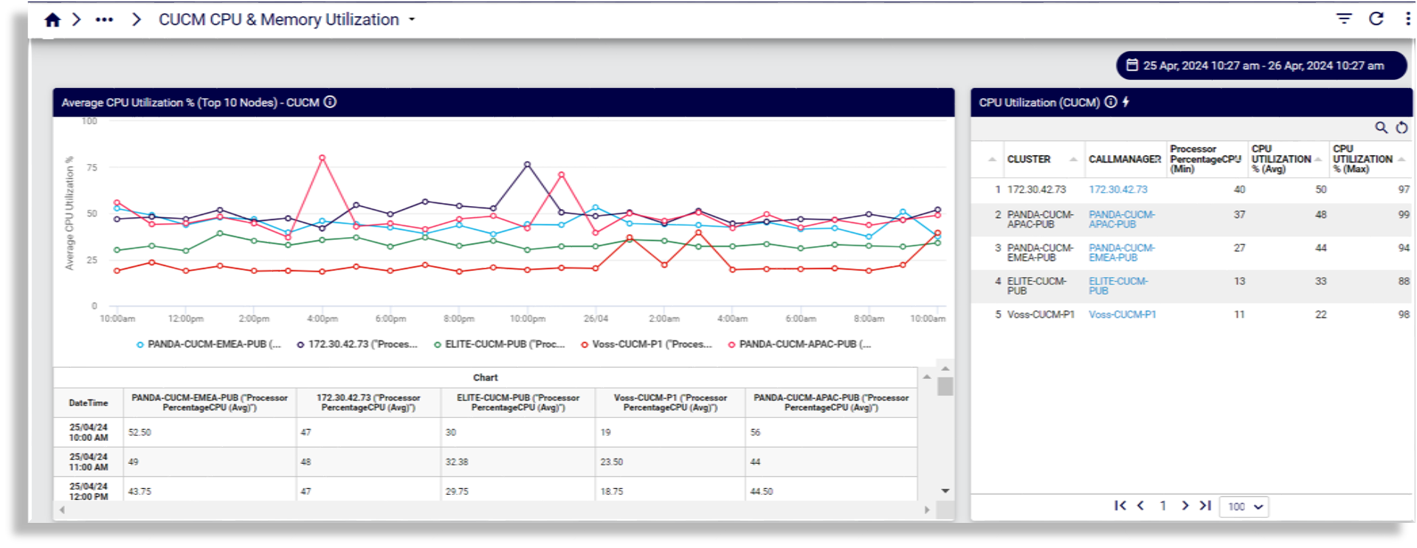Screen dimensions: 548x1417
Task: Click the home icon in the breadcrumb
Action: (52, 20)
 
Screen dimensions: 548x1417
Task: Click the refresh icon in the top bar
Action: (1376, 19)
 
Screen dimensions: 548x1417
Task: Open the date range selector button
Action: (1261, 66)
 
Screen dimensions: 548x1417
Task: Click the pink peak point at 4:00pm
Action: (322, 158)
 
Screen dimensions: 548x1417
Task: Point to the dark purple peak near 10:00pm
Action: (527, 165)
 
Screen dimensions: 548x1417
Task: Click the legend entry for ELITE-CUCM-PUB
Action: (500, 344)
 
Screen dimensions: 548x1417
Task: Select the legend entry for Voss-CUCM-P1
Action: (647, 344)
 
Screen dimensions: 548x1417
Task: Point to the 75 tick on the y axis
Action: (92, 168)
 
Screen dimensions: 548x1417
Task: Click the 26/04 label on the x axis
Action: (596, 319)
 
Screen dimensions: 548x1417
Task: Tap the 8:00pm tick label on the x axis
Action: (458, 319)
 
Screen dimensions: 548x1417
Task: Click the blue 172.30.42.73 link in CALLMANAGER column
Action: (1118, 190)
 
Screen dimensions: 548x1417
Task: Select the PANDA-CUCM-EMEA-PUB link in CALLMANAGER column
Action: (1121, 253)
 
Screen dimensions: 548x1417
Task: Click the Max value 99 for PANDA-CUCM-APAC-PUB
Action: (1403, 215)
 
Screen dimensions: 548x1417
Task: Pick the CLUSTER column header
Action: (1029, 160)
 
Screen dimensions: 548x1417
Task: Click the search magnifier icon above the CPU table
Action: (1381, 128)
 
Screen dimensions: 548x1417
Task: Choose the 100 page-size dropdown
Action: (1244, 507)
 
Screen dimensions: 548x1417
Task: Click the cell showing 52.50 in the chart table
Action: (140, 433)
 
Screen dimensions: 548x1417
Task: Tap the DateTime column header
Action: (89, 403)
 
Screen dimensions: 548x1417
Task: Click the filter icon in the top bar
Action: (1344, 19)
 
